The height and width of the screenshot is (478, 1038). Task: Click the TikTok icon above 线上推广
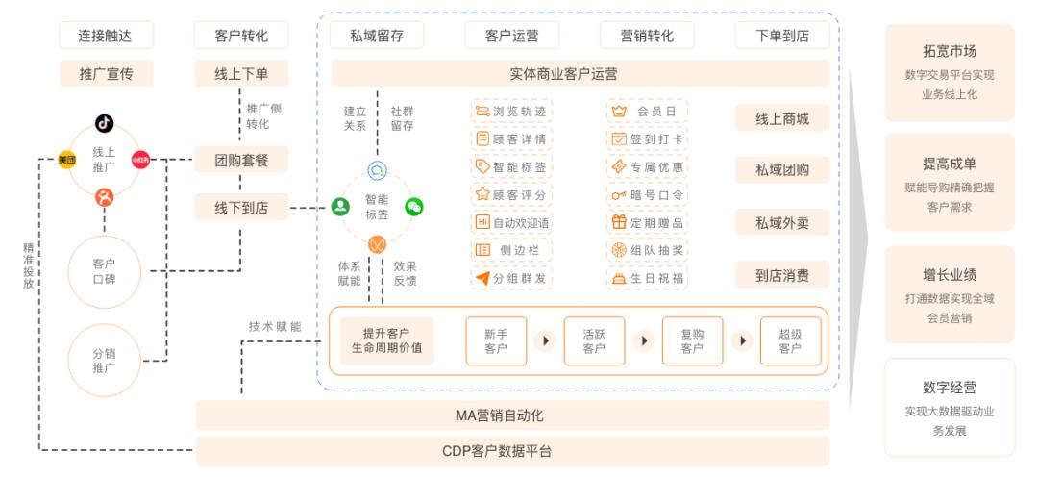(x=104, y=122)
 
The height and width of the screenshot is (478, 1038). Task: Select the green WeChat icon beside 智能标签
(x=414, y=206)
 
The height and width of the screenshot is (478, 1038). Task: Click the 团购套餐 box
(x=241, y=160)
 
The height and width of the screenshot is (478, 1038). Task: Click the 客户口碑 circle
(x=104, y=270)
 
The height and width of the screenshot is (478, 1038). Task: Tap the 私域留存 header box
(x=378, y=37)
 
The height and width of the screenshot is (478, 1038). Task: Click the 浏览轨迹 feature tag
(x=511, y=112)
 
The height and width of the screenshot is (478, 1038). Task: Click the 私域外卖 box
(x=782, y=223)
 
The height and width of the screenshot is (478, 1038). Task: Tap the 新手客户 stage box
(x=496, y=340)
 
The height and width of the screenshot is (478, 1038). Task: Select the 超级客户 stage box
(x=790, y=340)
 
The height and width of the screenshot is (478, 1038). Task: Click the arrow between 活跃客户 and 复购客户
(x=644, y=340)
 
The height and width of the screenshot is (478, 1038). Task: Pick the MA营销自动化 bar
(x=512, y=415)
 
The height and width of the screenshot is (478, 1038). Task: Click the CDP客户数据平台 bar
(x=512, y=450)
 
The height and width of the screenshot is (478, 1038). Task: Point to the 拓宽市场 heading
(x=949, y=51)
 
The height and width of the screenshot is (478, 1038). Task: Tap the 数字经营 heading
(x=949, y=388)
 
